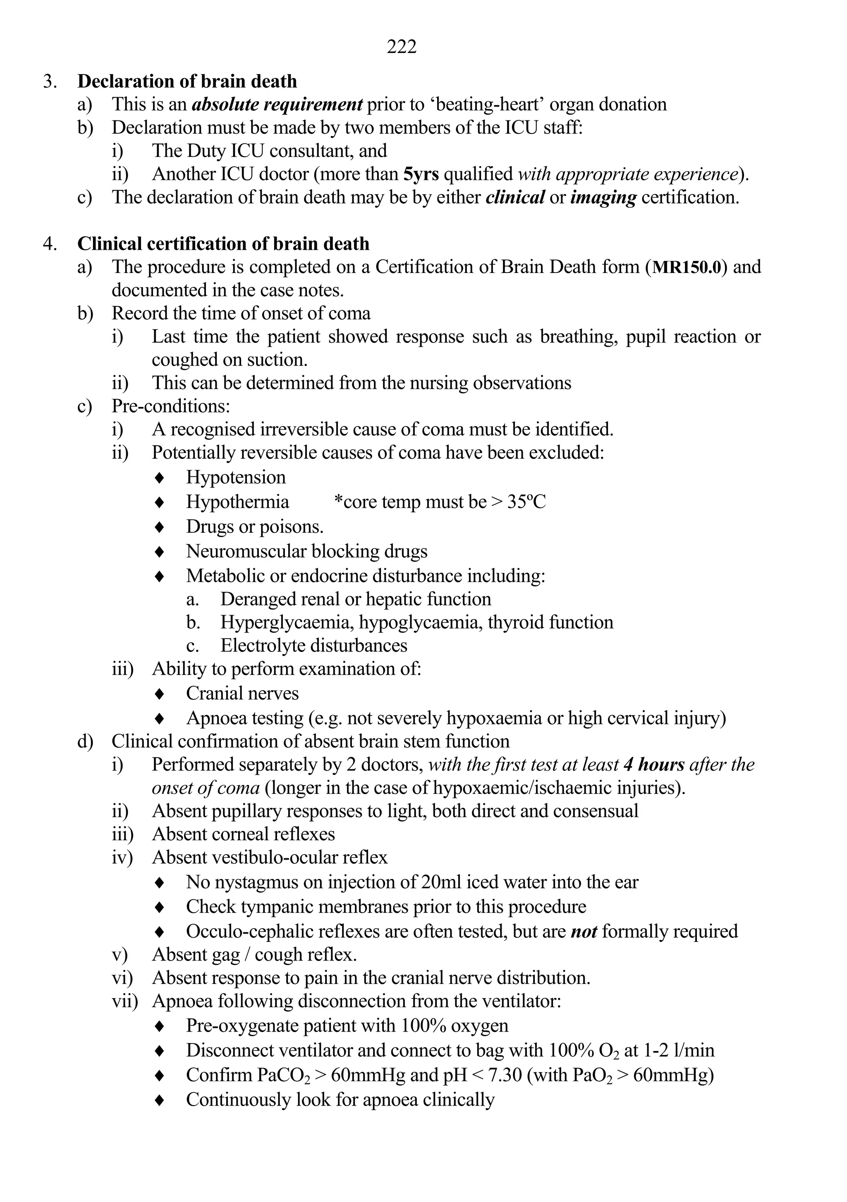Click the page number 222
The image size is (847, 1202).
point(402,47)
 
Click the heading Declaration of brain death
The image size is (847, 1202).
point(187,81)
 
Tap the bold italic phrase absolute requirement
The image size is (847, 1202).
point(277,105)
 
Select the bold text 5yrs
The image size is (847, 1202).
point(421,174)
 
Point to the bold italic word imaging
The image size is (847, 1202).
point(603,197)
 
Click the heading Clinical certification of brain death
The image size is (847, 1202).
point(223,244)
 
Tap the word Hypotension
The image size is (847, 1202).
point(236,477)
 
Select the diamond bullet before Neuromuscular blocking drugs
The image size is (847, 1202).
point(160,552)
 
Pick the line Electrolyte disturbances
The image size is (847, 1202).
point(313,646)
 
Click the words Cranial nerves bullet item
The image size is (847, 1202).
point(242,694)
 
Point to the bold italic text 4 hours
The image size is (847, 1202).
point(654,765)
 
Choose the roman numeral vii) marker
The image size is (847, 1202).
point(124,1001)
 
